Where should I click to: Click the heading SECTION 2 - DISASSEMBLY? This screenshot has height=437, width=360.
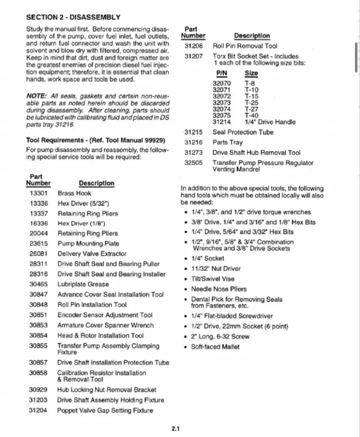73,18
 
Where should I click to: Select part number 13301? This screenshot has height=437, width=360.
38,193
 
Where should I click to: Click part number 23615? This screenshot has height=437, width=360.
38,243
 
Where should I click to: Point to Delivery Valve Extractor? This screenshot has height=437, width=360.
92,254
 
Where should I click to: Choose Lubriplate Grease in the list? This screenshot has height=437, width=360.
83,284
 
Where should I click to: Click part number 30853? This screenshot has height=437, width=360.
38,325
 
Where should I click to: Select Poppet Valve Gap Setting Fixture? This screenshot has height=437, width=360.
105,410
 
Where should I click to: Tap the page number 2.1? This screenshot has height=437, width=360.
175,429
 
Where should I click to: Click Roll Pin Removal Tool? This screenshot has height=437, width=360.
245,46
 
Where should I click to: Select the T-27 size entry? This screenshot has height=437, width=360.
252,109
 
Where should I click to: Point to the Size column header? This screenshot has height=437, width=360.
251,74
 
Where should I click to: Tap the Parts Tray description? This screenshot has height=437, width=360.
228,142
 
